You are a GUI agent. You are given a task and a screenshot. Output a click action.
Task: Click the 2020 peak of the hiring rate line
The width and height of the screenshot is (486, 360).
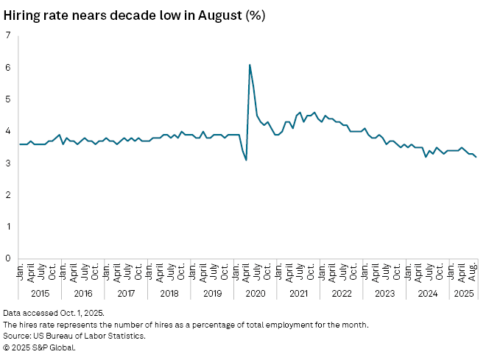tap(250, 65)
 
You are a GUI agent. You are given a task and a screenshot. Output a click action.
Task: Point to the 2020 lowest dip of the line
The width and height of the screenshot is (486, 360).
tap(246, 160)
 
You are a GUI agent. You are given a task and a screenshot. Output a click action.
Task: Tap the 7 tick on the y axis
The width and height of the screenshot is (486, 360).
tap(7, 35)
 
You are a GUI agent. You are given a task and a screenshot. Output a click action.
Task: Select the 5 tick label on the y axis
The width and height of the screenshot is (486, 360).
tap(7, 99)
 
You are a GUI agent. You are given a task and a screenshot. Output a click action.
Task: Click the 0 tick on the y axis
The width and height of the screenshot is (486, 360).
tap(7, 258)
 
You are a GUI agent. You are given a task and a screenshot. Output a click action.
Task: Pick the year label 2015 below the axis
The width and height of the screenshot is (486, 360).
tap(40, 294)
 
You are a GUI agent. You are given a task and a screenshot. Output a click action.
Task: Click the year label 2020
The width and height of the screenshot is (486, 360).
tap(256, 294)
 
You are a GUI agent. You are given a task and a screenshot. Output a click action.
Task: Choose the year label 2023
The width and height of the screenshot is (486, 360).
tap(385, 294)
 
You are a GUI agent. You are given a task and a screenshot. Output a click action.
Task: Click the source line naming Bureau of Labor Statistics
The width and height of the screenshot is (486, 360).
tap(74, 336)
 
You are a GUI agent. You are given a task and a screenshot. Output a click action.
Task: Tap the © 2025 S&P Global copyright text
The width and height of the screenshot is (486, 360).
tap(39, 347)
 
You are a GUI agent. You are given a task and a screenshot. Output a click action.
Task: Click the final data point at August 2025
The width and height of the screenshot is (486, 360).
tap(476, 157)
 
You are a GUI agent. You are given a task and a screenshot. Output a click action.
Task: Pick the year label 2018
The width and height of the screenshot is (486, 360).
tap(169, 294)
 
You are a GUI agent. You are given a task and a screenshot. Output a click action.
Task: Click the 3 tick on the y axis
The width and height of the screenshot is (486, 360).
tap(7, 163)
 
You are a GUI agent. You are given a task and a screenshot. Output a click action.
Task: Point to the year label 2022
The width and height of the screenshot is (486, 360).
tap(342, 294)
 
